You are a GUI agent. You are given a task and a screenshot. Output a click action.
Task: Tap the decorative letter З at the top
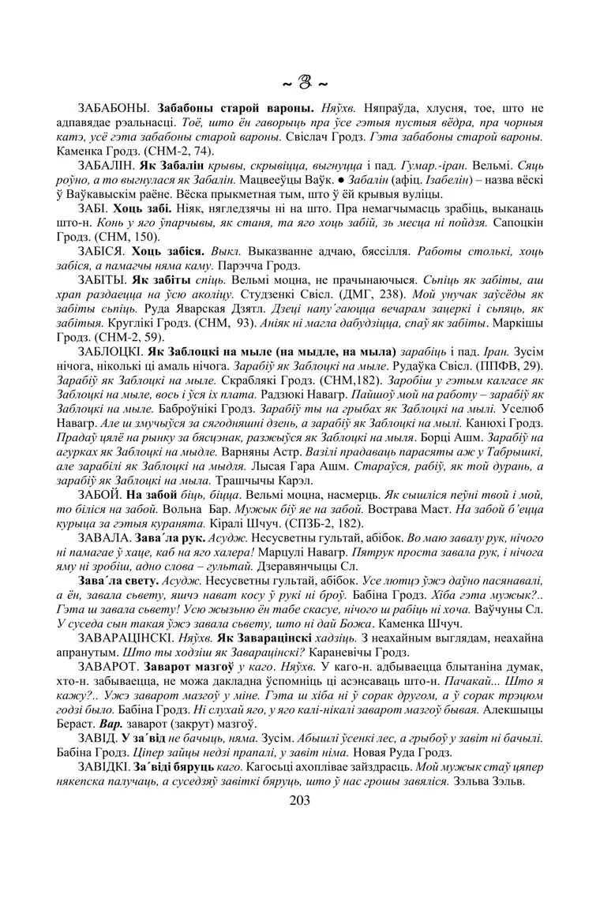click(x=300, y=81)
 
